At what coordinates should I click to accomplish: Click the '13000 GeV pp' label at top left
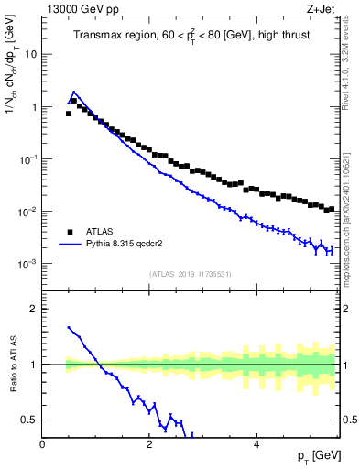tap(82, 10)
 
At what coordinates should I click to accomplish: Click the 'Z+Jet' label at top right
tap(323, 10)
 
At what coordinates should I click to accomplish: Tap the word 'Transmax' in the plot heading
tap(97, 36)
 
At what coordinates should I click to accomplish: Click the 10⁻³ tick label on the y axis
tap(27, 264)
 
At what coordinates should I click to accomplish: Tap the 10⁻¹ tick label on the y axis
tap(27, 158)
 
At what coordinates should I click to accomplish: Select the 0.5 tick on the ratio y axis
tap(30, 420)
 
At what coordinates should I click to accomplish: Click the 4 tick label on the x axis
tap(256, 444)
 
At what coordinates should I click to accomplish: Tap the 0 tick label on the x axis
tap(43, 444)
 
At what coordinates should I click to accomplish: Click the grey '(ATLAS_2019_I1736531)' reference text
tap(191, 273)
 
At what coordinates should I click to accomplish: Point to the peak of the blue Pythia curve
tap(73, 92)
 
